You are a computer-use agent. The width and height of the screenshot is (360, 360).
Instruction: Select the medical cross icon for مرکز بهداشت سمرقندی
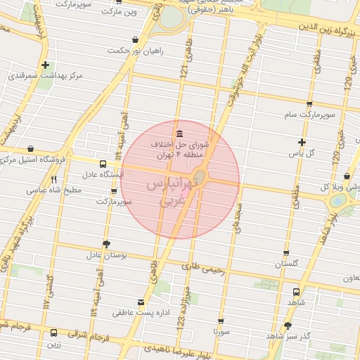point(45,65)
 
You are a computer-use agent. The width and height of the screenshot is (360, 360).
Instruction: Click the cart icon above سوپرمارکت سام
point(309,104)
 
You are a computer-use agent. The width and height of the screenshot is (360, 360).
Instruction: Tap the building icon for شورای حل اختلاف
point(180,134)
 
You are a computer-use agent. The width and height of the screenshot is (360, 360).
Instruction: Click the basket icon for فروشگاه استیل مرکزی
point(30,149)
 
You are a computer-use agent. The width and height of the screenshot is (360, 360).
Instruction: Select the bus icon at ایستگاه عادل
point(103,162)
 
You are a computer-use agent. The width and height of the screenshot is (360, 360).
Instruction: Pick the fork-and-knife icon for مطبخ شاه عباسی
point(54,179)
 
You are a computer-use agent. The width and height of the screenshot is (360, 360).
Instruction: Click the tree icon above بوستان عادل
point(106,244)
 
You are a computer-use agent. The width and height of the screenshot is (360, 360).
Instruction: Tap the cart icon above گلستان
point(286,253)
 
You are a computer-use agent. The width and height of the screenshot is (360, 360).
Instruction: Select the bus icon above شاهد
point(296,292)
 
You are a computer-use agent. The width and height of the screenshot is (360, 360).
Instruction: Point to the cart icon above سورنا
point(221,321)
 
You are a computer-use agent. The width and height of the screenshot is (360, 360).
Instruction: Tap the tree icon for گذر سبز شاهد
point(288,326)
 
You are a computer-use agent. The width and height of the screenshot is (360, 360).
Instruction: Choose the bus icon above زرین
point(54,333)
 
